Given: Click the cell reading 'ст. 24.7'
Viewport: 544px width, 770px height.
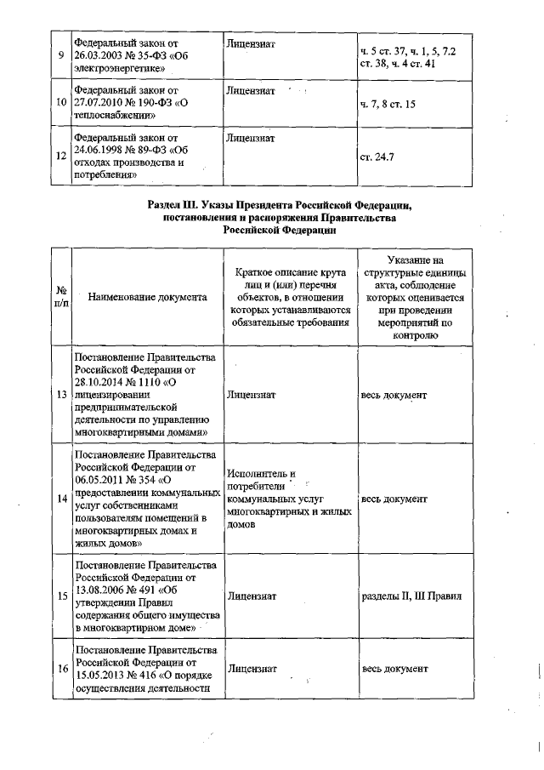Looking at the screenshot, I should point(377,157).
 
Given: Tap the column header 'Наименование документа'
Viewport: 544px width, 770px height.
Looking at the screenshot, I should point(146,298).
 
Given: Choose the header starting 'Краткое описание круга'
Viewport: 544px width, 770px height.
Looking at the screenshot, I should point(289,297).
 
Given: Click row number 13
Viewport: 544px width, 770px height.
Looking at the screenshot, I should point(61,396).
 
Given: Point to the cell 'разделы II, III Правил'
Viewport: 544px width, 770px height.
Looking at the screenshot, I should point(411,596).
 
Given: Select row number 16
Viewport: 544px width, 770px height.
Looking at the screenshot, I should point(61,669).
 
